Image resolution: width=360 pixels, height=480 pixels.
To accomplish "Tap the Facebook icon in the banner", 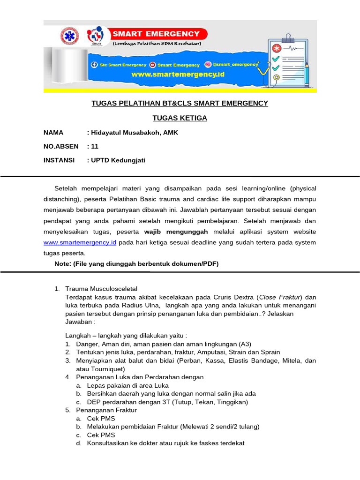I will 94,65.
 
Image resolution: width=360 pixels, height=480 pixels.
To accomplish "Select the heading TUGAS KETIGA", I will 180,118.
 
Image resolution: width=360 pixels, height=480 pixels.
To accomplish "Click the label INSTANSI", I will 59,160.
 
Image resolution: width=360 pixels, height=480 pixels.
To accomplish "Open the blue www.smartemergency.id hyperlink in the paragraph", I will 80,242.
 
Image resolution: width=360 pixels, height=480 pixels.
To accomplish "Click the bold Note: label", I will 62,264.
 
